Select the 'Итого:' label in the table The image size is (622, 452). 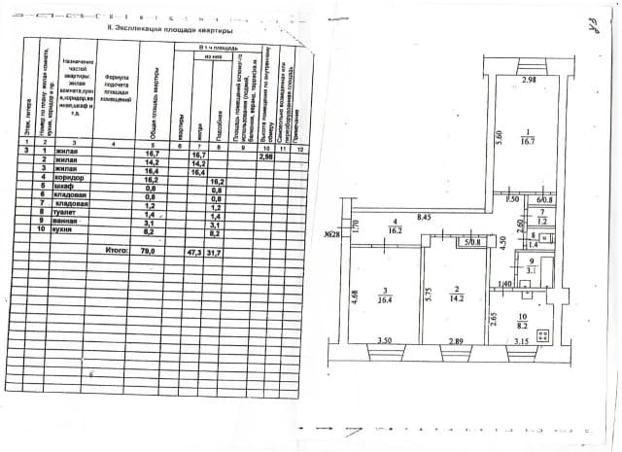117,251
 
